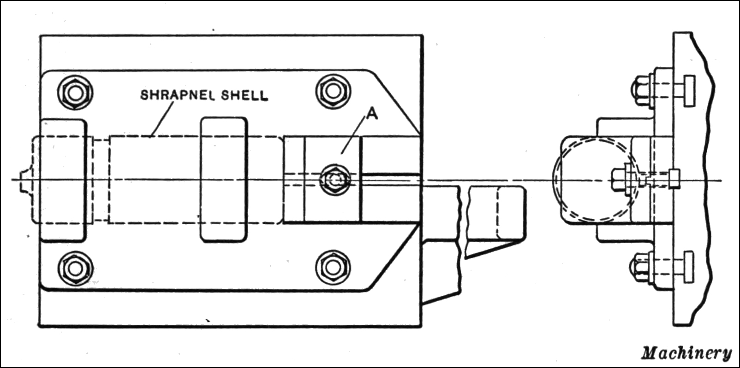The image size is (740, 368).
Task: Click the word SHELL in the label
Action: (x=244, y=95)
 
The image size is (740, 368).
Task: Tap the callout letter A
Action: (x=372, y=113)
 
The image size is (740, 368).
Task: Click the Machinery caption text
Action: (x=686, y=353)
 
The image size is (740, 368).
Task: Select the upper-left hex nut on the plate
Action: (x=75, y=93)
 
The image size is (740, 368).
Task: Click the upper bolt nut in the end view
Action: (x=640, y=91)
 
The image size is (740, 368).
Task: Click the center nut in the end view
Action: (x=618, y=179)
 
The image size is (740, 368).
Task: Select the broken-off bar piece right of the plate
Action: (x=496, y=219)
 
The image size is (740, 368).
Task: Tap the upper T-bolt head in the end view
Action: (x=688, y=91)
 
